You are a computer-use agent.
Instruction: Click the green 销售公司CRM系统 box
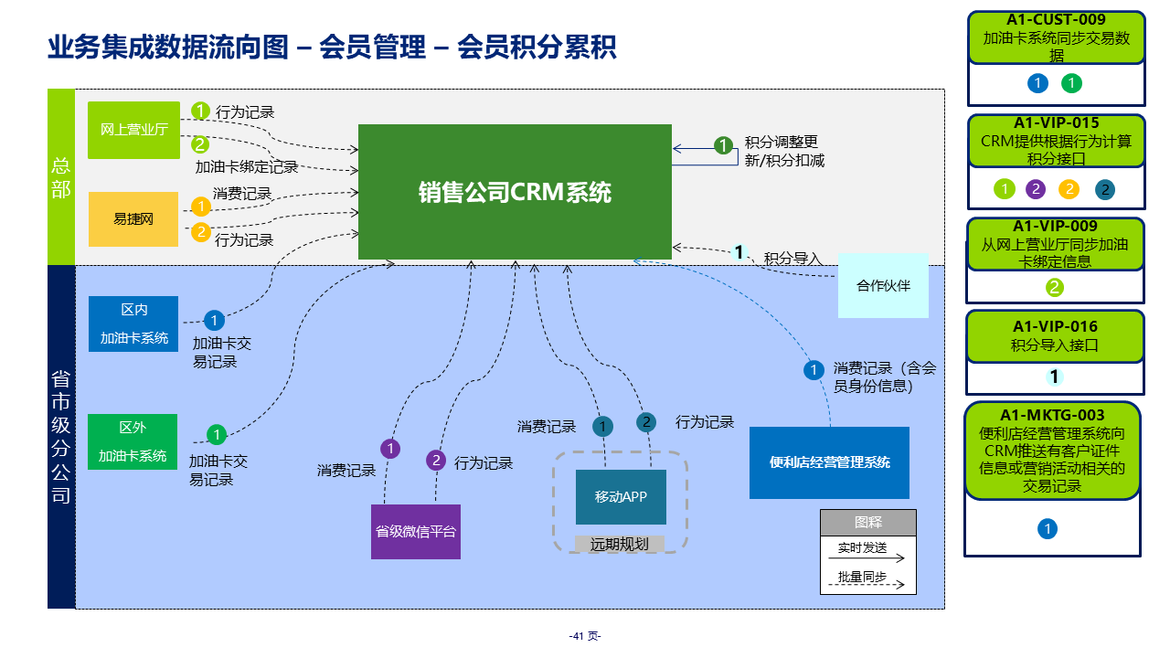pos(515,192)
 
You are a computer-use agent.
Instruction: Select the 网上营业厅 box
pos(133,130)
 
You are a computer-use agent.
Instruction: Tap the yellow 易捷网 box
pos(133,219)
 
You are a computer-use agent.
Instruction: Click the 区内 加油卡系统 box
pos(133,324)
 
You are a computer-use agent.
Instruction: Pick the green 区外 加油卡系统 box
pos(133,442)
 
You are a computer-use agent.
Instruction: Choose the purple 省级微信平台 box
pos(416,532)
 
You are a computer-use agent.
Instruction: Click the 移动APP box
pos(621,497)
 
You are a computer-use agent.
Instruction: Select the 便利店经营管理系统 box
pos(829,462)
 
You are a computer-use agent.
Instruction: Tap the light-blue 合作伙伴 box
pos(883,285)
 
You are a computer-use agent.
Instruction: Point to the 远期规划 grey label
pos(619,544)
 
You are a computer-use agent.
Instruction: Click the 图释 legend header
pos(867,523)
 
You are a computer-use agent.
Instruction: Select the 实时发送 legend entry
pos(862,548)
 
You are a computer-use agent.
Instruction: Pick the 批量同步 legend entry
pos(862,577)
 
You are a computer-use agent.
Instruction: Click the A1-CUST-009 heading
pos(1056,20)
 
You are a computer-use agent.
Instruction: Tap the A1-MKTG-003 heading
pos(1052,415)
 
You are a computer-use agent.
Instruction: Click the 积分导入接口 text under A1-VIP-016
pos(1054,345)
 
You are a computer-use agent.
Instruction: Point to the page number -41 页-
pos(585,636)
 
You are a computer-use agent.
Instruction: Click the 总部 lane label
pos(61,178)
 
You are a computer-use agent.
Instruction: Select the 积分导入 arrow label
pos(792,259)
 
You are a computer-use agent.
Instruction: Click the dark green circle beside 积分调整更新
pos(724,145)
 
